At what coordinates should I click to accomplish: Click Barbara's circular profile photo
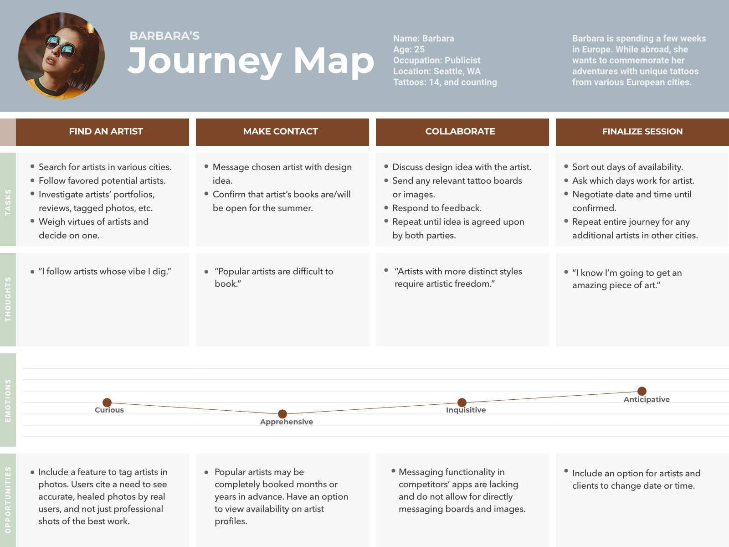(x=62, y=56)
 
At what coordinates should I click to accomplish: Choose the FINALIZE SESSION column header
(x=642, y=132)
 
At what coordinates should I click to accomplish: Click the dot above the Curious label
(x=107, y=403)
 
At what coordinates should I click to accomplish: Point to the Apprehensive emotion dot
(x=282, y=414)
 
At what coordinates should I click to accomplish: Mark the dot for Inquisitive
(x=462, y=403)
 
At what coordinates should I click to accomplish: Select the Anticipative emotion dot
(x=642, y=391)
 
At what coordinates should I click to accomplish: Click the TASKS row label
(x=8, y=202)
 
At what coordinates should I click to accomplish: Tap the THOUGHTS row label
(x=8, y=299)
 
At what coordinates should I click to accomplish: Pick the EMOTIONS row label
(x=8, y=401)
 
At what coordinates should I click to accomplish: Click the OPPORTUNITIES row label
(x=8, y=500)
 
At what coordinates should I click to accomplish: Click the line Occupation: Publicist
(x=437, y=61)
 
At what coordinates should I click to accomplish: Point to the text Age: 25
(x=409, y=50)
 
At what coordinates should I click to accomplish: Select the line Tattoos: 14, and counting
(x=445, y=83)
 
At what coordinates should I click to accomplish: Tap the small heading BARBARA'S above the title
(x=164, y=36)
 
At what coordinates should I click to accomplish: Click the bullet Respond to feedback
(x=437, y=208)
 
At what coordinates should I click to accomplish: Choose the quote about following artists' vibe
(x=105, y=272)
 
